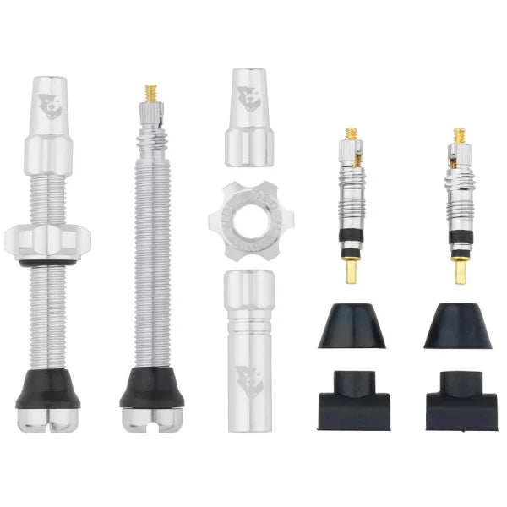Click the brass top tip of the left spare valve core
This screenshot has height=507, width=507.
tap(350, 134)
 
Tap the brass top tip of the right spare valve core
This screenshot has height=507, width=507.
tap(459, 134)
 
